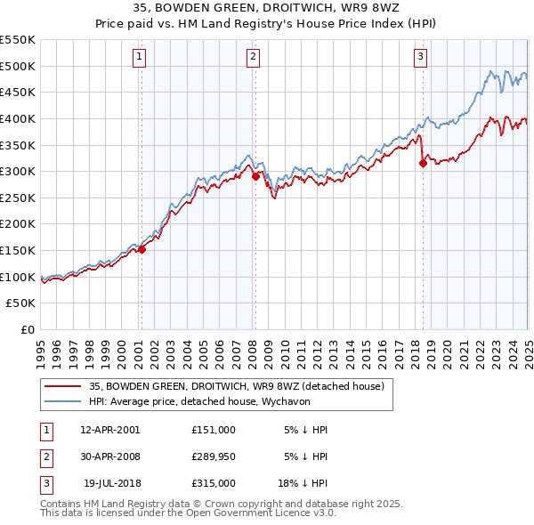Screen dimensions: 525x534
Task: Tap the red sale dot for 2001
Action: coord(142,249)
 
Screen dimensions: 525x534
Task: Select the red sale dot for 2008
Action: coord(255,176)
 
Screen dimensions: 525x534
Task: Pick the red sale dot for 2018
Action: coord(423,163)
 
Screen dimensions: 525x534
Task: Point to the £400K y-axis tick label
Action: coord(18,118)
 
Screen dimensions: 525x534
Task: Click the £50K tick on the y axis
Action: coord(21,303)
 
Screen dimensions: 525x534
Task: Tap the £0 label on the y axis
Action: coord(27,330)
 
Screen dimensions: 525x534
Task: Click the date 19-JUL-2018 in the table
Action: coord(111,483)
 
